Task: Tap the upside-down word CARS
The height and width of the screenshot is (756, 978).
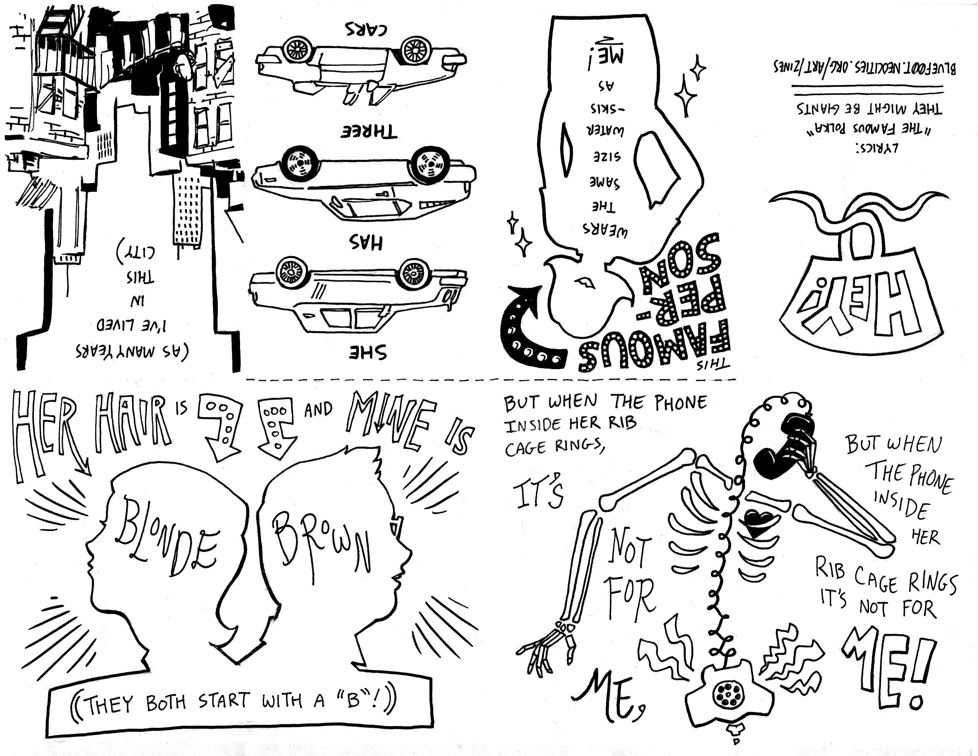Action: pos(366,29)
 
